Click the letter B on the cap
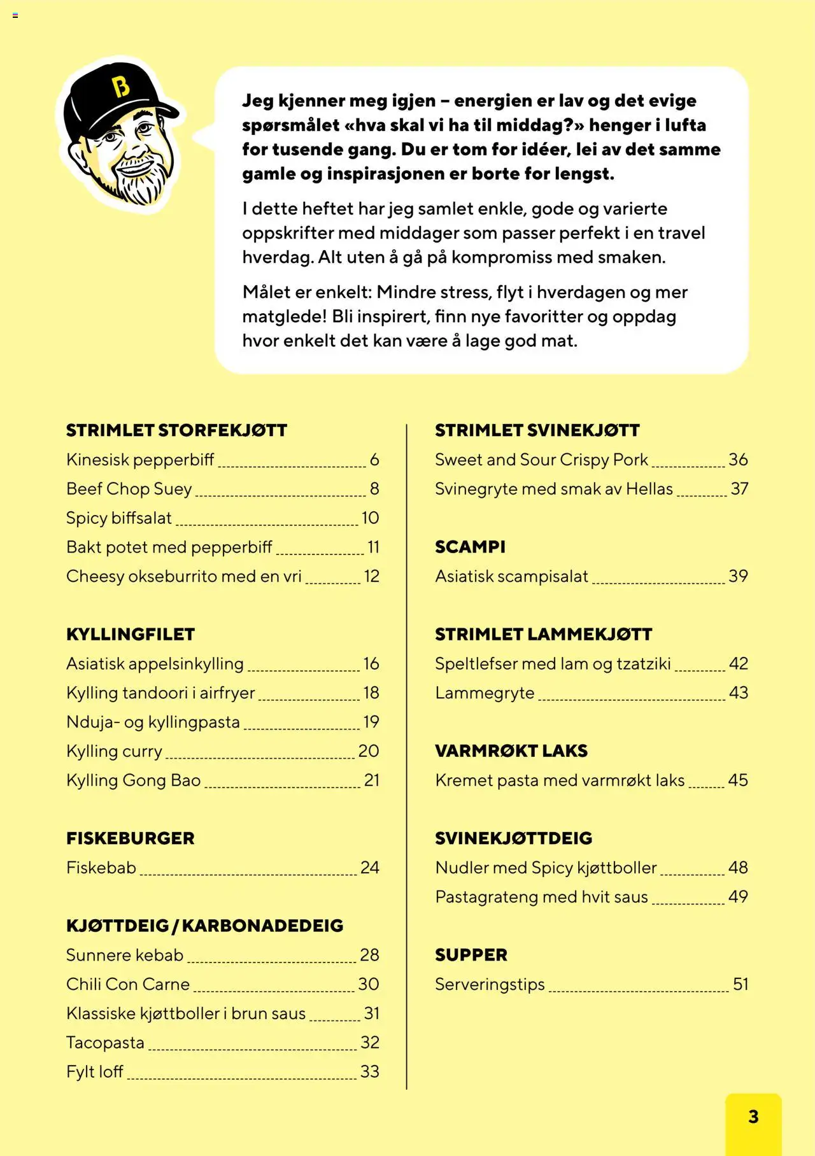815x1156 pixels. click(x=121, y=87)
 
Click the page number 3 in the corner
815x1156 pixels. click(x=753, y=1117)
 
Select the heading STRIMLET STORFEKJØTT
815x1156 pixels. click(x=176, y=430)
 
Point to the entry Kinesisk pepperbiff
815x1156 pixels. click(x=140, y=460)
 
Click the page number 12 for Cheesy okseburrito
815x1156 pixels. click(x=371, y=576)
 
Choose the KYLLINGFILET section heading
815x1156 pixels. click(x=131, y=634)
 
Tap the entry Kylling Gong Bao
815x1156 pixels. click(x=134, y=780)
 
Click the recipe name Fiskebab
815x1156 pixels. click(x=101, y=868)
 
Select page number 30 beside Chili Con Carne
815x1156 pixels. click(x=369, y=984)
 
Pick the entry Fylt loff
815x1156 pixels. click(x=95, y=1072)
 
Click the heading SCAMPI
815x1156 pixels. click(x=470, y=547)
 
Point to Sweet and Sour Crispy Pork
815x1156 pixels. click(x=541, y=460)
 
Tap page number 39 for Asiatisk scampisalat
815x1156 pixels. click(x=738, y=576)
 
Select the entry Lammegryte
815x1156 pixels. click(x=485, y=693)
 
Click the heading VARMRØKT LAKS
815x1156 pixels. click(x=511, y=751)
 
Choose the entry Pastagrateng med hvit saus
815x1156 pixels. click(x=541, y=897)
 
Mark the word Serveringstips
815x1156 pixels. click(x=490, y=984)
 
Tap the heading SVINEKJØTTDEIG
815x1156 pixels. click(x=514, y=838)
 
